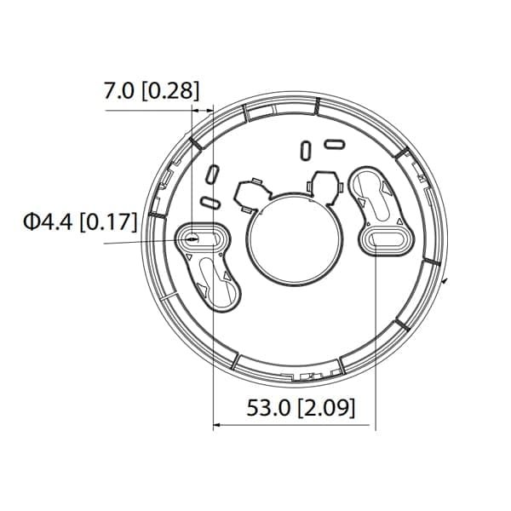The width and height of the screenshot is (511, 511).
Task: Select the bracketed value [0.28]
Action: [x=169, y=91]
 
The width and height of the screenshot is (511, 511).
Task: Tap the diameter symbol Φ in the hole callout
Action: [x=32, y=223]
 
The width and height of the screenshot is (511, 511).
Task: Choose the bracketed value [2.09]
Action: [x=324, y=407]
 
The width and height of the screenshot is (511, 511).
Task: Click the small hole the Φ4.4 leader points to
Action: [x=198, y=238]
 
